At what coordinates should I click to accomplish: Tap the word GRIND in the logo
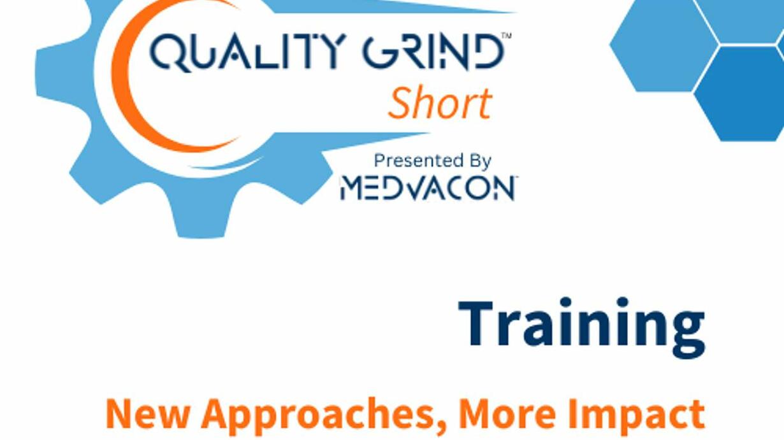[433, 52]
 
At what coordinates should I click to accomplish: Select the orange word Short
[440, 103]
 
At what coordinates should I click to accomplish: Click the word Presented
[414, 161]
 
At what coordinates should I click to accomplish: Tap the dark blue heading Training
[582, 327]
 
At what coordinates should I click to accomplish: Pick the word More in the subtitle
[507, 413]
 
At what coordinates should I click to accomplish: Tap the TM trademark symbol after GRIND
[507, 35]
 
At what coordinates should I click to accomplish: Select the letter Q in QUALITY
[168, 52]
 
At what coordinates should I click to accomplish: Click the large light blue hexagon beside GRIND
[664, 45]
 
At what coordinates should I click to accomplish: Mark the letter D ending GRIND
[489, 52]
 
